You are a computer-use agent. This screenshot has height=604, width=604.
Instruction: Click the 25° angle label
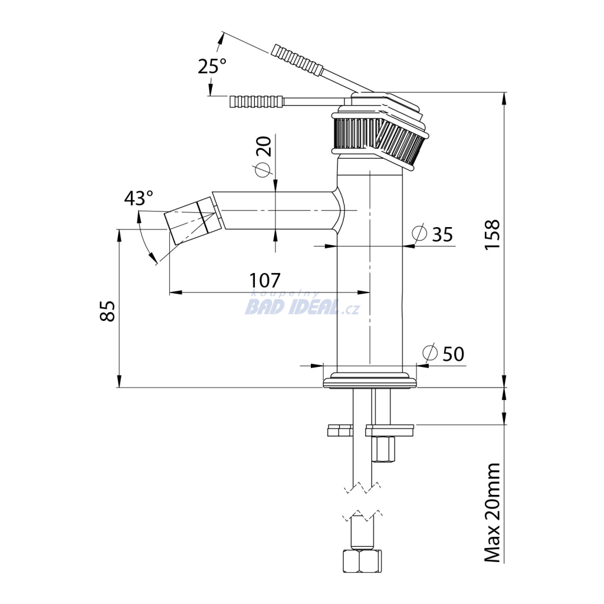[212, 66]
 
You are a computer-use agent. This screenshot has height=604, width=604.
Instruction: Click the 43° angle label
[138, 198]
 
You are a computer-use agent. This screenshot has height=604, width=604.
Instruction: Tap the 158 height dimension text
[493, 235]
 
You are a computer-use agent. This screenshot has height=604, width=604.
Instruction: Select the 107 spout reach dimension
[265, 280]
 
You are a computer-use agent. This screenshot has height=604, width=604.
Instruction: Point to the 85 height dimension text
[107, 311]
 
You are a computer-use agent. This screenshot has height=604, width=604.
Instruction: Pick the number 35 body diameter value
[442, 234]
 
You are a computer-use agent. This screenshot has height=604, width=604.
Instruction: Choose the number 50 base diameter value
[454, 354]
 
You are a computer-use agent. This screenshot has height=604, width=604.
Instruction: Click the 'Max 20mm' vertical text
[493, 513]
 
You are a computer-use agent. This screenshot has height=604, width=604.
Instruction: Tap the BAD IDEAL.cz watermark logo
[302, 304]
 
